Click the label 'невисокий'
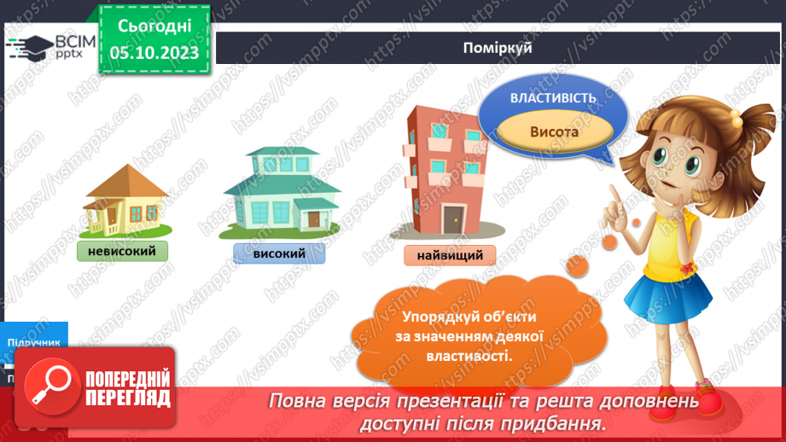(122, 251)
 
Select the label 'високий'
(278, 253)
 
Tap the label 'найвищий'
(450, 255)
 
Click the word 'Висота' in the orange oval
(554, 132)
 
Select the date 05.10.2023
(154, 53)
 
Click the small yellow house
(125, 202)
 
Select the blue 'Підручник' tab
(34, 341)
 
